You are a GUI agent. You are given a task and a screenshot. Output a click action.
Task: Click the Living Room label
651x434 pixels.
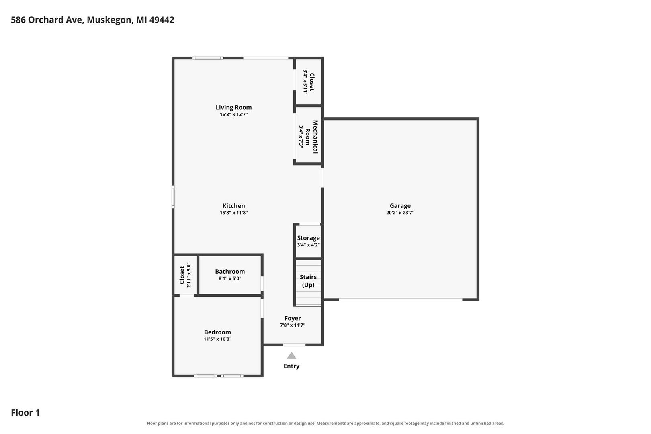tap(233, 107)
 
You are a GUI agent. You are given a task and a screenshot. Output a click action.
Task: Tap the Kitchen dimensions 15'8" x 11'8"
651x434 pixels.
tap(233, 213)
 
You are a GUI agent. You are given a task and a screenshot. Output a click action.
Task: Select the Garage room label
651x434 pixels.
tap(400, 206)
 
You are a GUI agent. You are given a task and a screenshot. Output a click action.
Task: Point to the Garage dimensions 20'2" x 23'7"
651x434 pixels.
tap(400, 213)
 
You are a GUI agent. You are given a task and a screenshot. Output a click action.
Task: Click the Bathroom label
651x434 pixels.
tap(229, 272)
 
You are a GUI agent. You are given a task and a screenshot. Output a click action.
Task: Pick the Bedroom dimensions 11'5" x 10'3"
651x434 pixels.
tap(217, 339)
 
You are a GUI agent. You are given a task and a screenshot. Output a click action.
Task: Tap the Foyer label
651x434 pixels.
tap(293, 319)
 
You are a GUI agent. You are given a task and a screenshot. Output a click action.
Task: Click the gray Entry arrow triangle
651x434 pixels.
tap(291, 356)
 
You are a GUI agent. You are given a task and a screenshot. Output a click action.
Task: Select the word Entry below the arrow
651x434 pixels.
tap(291, 366)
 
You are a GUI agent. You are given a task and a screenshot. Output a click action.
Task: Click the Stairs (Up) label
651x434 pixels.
tap(308, 281)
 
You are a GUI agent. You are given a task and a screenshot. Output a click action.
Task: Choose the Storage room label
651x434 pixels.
tap(308, 238)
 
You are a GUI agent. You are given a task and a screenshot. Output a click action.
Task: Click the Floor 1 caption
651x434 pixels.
tap(25, 413)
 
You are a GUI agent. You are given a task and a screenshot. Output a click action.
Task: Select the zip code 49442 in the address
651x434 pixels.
tap(162, 20)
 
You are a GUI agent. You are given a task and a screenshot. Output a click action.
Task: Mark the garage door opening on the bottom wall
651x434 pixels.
tap(401, 300)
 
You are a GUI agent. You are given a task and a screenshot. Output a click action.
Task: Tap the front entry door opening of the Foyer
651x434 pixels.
tap(294, 345)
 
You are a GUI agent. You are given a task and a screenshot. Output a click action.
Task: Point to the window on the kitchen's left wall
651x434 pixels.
tap(173, 197)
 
